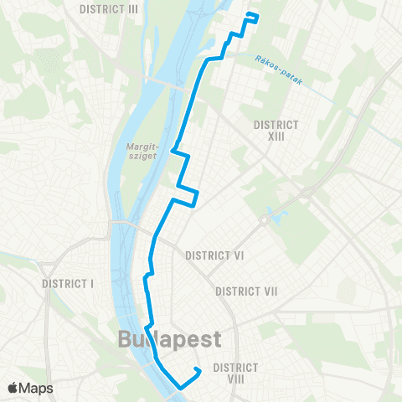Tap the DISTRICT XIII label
[x=276, y=130]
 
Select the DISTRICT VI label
[x=214, y=255]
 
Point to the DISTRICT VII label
[x=246, y=291]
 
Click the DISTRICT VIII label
[x=240, y=374]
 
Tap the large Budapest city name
[x=170, y=340]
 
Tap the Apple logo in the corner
[x=14, y=388]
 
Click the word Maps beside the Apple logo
[x=38, y=388]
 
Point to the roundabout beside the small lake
[x=262, y=221]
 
